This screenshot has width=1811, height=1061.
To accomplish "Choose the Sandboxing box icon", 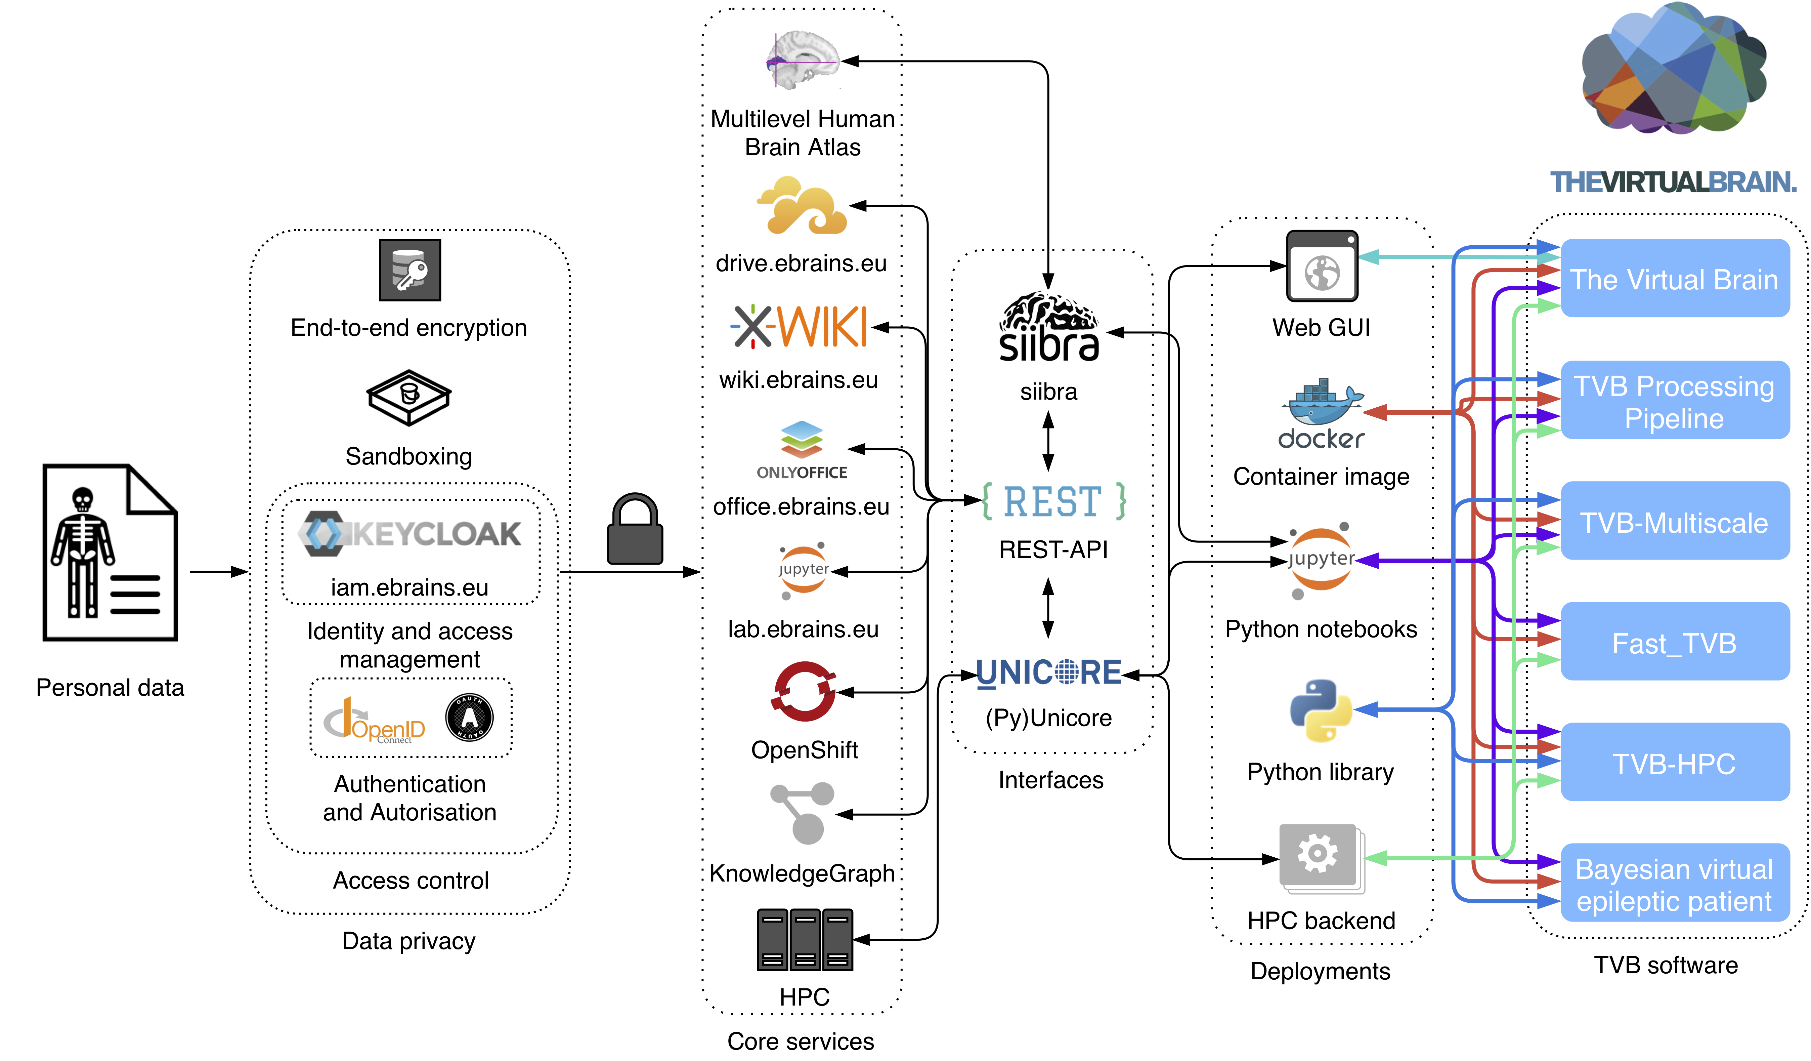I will (x=409, y=398).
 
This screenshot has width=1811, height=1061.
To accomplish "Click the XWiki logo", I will (x=800, y=327).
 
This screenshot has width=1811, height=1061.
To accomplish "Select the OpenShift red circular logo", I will (x=804, y=692).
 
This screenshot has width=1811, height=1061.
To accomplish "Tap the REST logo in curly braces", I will (x=1053, y=501).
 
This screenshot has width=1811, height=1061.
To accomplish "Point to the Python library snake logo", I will (x=1321, y=710).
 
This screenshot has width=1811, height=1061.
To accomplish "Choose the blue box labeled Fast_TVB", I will (x=1675, y=642).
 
